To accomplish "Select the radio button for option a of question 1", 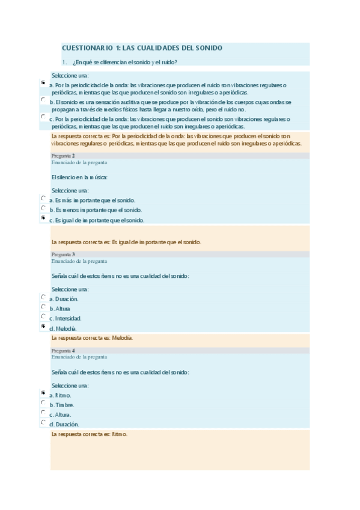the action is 43,82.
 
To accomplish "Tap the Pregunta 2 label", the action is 63,156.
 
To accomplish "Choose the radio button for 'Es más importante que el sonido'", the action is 43,198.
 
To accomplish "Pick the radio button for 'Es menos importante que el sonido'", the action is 43,207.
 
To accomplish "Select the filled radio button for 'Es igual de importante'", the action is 43,217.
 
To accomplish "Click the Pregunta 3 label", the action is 63,254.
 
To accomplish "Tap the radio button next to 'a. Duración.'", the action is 43,296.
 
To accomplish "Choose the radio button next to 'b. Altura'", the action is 43,306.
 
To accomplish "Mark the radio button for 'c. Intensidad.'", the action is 43,316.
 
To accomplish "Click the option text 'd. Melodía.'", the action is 63,328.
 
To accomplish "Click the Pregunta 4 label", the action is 63,351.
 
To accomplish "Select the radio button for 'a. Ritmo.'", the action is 43,393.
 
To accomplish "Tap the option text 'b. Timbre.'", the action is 62,405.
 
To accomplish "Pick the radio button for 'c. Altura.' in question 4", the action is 43,412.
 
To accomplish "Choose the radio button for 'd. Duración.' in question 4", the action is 43,422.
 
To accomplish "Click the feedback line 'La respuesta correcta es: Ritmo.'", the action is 90,434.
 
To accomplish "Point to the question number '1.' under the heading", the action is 64,62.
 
